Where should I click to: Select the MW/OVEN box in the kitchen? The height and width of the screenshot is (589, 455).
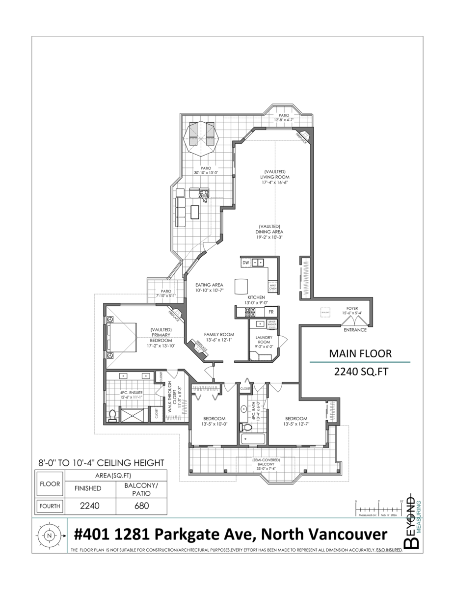272,287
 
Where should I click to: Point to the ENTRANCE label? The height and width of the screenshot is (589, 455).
355,330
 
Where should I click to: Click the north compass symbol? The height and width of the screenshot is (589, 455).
48,536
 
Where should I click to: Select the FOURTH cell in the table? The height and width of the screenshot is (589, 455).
50,506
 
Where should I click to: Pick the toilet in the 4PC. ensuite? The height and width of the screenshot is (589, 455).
112,416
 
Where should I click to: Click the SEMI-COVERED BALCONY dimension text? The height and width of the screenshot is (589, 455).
267,469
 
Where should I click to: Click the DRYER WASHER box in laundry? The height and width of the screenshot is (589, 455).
272,324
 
